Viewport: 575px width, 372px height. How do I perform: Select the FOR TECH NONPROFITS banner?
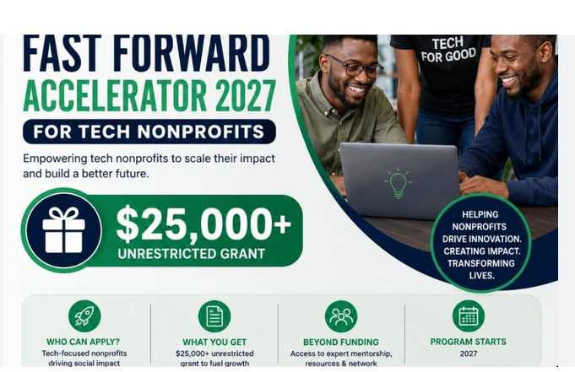point(149,132)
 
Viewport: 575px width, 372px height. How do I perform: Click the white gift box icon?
point(64,230)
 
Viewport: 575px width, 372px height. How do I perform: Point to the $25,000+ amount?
point(203,224)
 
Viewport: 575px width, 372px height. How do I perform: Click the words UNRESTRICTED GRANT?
point(191,254)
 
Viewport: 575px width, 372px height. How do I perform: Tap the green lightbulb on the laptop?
point(399,183)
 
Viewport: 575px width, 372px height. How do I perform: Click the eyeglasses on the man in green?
point(354,67)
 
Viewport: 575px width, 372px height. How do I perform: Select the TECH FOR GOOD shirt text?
point(448,50)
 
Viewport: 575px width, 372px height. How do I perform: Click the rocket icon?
point(84,316)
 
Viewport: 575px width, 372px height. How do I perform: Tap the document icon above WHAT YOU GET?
point(214,316)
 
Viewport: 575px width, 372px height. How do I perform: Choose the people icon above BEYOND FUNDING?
point(341,316)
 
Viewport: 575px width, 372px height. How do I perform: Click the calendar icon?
point(469,316)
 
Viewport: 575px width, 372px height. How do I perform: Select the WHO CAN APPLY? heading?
point(83,342)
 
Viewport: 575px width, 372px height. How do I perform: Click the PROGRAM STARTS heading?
point(469,342)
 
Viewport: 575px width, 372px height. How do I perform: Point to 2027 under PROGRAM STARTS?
point(469,353)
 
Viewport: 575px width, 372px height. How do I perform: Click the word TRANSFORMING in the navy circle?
point(481,263)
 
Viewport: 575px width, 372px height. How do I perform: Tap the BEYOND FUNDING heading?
point(341,342)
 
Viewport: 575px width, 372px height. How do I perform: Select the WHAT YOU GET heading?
point(214,342)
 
